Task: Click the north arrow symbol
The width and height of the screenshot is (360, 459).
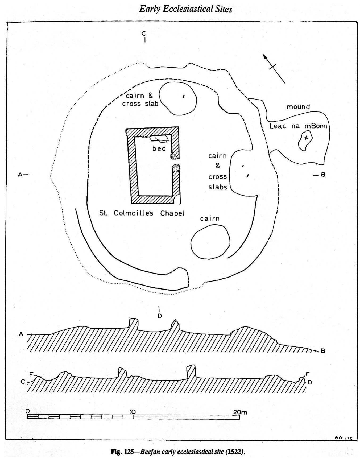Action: tap(274, 68)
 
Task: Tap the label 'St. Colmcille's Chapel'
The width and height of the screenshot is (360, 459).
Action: tap(142, 213)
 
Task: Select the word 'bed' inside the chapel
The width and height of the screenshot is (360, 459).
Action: tap(159, 148)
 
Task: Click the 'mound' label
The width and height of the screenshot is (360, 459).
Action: tap(298, 107)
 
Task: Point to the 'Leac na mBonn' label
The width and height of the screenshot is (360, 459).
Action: tap(298, 126)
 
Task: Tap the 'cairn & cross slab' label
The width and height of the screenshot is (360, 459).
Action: tap(140, 100)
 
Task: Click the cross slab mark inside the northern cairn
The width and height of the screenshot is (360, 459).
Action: tap(184, 96)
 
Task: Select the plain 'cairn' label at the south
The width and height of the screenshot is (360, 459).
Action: tap(210, 218)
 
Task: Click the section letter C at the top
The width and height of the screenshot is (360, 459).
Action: tap(144, 33)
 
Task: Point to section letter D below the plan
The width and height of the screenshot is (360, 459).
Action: tap(160, 316)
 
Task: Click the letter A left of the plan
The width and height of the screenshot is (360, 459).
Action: tap(20, 175)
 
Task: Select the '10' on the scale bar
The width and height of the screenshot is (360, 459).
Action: tap(132, 412)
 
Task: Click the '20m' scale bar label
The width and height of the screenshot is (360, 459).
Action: tap(240, 412)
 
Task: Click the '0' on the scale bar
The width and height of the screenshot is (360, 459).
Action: tap(28, 411)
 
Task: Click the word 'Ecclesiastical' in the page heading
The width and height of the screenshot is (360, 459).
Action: tap(188, 9)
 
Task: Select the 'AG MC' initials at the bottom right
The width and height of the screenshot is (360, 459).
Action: tap(344, 438)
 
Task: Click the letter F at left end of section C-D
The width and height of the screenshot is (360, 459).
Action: tap(31, 374)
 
